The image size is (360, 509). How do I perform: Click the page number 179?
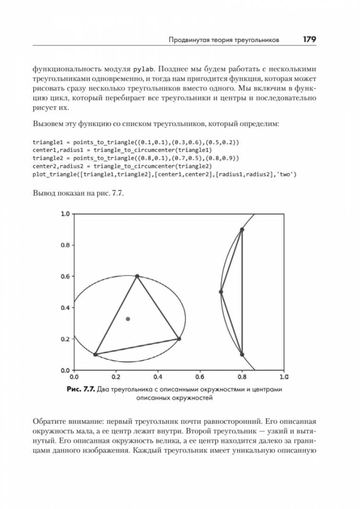[x=309, y=40]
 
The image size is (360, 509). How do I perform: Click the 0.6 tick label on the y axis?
[x=65, y=276]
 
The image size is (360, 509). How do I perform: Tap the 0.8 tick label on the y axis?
[x=65, y=245]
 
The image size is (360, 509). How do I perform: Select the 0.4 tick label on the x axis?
[x=158, y=377]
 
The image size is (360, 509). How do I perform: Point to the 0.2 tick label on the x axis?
[x=116, y=377]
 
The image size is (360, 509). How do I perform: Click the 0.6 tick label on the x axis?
[x=200, y=377]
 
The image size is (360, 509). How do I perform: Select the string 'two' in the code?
[x=288, y=174]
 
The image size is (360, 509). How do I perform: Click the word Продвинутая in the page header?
[x=189, y=41]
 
